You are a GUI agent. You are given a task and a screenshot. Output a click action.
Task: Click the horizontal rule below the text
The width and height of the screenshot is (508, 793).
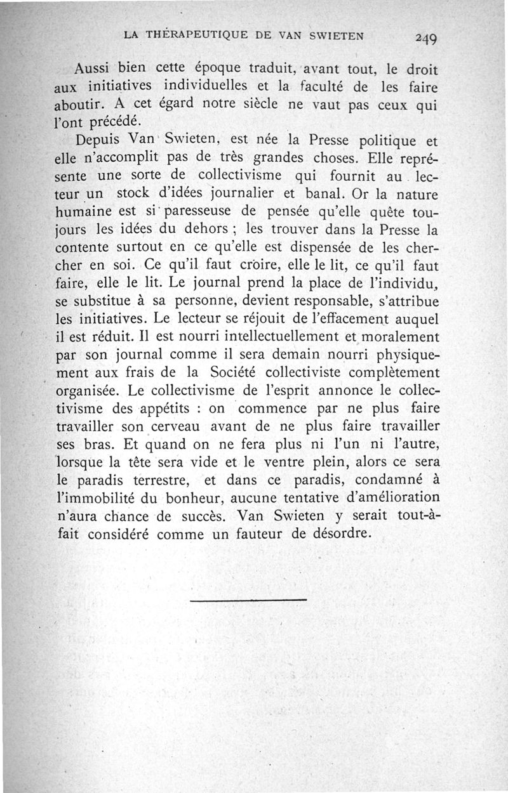tap(248, 599)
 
